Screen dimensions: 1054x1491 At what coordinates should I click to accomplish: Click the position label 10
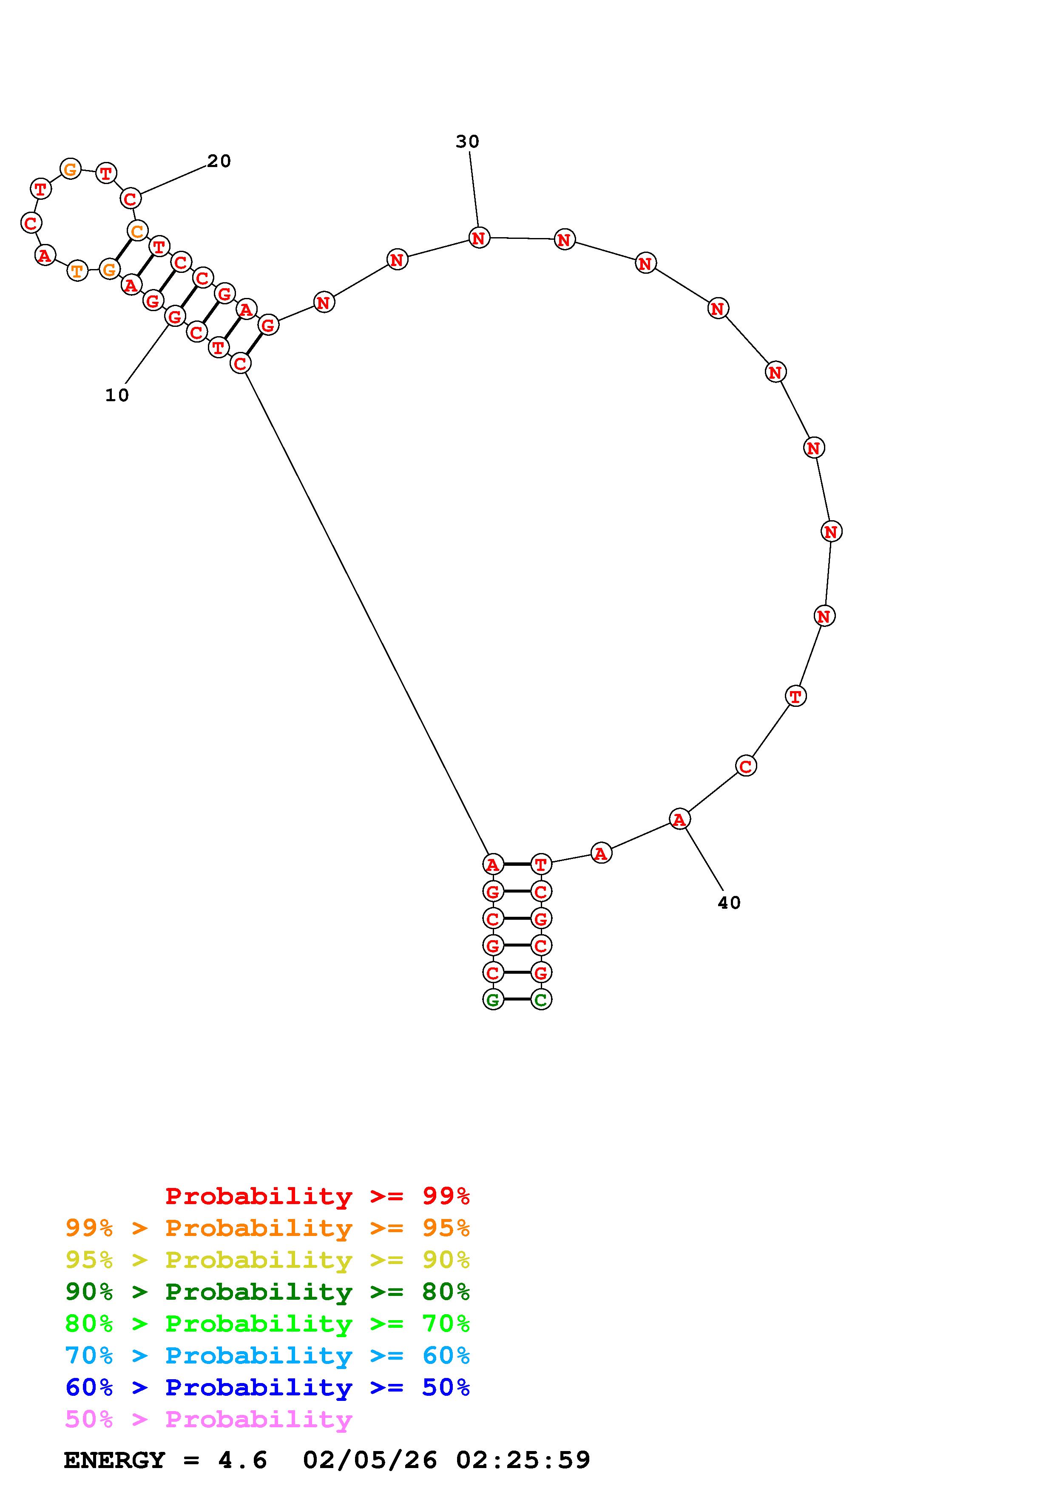click(x=117, y=395)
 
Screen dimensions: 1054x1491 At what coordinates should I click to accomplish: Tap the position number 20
click(x=219, y=161)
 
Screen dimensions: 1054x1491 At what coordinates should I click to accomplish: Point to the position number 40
click(x=729, y=903)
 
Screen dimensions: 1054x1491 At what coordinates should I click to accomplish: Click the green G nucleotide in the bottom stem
click(x=493, y=999)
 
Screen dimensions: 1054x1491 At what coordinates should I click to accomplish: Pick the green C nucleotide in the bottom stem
click(x=541, y=999)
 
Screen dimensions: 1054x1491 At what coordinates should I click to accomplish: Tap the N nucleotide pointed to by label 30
click(x=479, y=238)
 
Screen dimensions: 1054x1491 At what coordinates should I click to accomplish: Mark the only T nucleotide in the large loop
click(x=795, y=696)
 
